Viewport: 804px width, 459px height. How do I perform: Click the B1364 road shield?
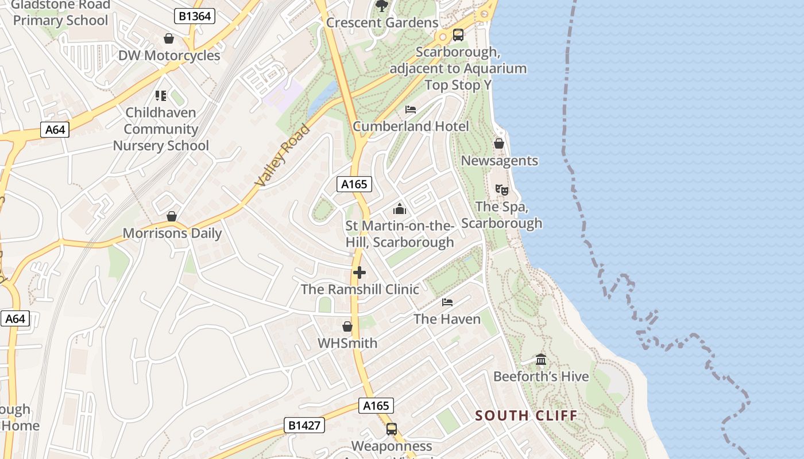(x=195, y=16)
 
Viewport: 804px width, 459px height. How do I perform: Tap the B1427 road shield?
(x=304, y=425)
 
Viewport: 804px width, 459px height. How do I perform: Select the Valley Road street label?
(x=283, y=155)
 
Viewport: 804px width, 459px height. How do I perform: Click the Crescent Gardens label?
(x=382, y=22)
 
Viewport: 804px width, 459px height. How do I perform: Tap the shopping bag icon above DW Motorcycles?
(x=169, y=38)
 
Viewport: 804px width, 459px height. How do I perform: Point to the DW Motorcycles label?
(x=169, y=56)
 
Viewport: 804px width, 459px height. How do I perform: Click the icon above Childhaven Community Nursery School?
(x=161, y=95)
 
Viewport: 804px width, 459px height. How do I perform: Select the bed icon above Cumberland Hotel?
(x=411, y=110)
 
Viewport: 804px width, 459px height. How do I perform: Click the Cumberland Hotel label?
(x=411, y=126)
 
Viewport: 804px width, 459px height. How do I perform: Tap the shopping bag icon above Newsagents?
(x=499, y=143)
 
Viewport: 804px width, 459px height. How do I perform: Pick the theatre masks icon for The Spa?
(x=502, y=189)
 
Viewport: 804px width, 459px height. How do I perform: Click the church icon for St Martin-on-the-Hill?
(x=400, y=209)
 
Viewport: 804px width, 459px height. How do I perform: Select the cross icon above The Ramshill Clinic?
(x=360, y=273)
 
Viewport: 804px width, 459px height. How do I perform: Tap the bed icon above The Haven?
(x=447, y=302)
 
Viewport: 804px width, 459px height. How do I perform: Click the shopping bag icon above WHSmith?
(x=347, y=326)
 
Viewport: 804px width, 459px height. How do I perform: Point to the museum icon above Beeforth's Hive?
(x=541, y=360)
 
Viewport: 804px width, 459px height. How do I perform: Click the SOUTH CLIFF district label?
(x=526, y=415)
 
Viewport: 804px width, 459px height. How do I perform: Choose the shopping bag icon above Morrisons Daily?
(x=172, y=216)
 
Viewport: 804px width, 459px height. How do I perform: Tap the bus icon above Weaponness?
(x=392, y=429)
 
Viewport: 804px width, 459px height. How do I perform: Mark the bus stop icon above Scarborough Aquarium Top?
(x=458, y=35)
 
